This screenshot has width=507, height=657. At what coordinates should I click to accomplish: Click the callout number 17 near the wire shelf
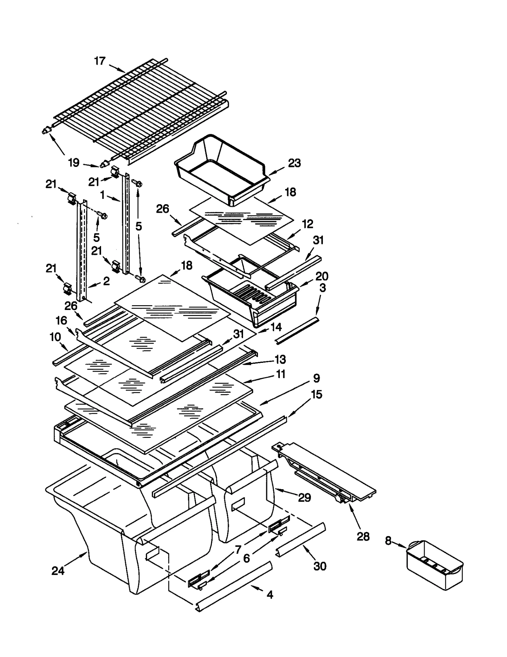coord(100,61)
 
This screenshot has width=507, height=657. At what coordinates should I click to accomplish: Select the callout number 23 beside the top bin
coord(294,163)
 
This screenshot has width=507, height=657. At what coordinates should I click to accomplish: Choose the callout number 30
coord(320,566)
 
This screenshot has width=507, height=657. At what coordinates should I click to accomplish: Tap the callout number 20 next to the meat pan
coord(322,276)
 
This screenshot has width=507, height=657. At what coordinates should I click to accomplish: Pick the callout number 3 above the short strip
coord(322,288)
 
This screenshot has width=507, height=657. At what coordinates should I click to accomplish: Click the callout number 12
coord(307,224)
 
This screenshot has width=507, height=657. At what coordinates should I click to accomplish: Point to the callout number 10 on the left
coord(55,337)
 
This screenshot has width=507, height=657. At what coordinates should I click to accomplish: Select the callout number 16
coord(61,320)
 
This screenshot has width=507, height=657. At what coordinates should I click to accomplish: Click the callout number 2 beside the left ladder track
coord(106,281)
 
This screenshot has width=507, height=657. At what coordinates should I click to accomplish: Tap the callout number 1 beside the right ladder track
coord(102,195)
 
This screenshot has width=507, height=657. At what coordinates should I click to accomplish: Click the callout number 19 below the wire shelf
coord(74,163)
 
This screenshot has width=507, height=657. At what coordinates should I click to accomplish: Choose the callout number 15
coord(317,395)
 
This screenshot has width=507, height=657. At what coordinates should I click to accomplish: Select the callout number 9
coord(316,378)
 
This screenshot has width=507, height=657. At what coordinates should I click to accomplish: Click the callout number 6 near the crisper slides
coord(246,558)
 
